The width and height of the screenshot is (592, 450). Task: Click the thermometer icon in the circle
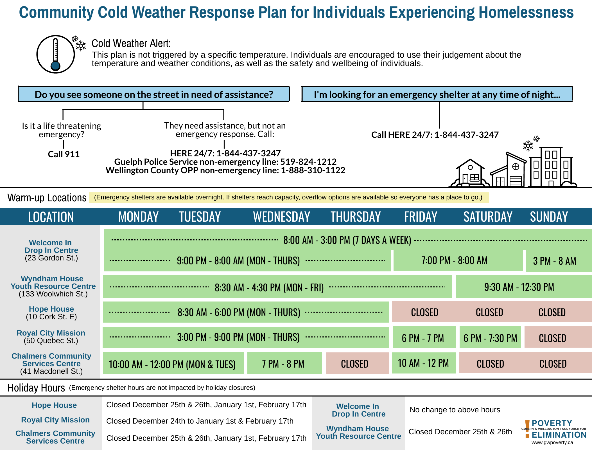56,54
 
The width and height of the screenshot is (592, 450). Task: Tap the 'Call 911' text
64,154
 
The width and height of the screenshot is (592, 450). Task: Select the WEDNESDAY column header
281,217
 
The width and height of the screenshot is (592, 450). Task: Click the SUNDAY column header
549,217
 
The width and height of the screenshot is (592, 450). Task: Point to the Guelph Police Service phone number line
225,162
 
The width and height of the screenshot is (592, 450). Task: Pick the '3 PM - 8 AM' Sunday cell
554,261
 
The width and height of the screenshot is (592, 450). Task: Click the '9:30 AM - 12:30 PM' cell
519,287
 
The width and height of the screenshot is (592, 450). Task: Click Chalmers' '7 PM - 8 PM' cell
283,364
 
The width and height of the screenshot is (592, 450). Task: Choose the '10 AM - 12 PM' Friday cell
423,363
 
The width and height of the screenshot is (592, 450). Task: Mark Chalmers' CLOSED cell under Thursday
354,364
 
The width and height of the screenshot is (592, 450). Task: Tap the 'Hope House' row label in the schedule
51,309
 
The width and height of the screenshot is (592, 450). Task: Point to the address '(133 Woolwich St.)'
53,294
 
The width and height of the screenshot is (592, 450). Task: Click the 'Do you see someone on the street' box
154,94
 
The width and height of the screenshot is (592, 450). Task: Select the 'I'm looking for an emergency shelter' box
437,94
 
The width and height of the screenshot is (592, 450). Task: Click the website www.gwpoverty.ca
552,442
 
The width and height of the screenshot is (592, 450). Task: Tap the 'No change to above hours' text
455,410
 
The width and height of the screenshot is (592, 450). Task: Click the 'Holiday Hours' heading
36,388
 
